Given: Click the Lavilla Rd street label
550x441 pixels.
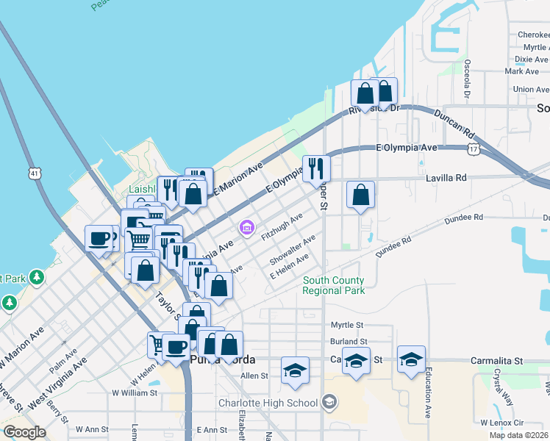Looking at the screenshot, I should (446, 178).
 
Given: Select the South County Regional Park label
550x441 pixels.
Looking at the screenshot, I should (333, 285).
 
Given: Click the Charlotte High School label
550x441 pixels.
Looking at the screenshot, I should (268, 403).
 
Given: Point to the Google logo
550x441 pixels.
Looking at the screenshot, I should (24, 432).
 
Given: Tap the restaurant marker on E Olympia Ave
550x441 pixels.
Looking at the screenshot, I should (316, 167).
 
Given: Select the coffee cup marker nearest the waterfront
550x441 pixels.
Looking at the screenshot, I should (99, 237).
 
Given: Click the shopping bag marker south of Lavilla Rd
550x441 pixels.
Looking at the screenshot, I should (360, 195).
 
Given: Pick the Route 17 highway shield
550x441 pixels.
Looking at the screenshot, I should (474, 149).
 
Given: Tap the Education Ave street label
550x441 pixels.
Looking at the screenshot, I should (428, 397).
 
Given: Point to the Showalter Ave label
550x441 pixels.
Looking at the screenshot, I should (292, 250).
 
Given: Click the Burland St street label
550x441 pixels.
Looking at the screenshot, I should (349, 342).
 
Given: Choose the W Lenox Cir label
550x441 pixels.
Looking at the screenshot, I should (501, 423).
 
